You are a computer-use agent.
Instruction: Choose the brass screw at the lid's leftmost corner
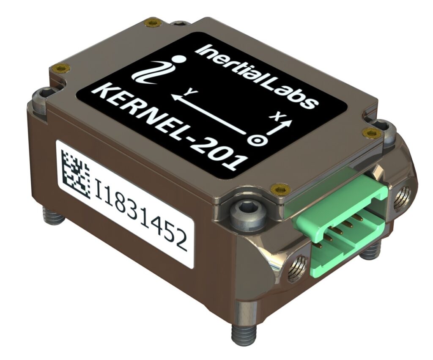click(x=62, y=68)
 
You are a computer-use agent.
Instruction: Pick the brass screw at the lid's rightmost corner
click(x=372, y=133)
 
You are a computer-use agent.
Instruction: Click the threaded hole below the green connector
click(x=296, y=270)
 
